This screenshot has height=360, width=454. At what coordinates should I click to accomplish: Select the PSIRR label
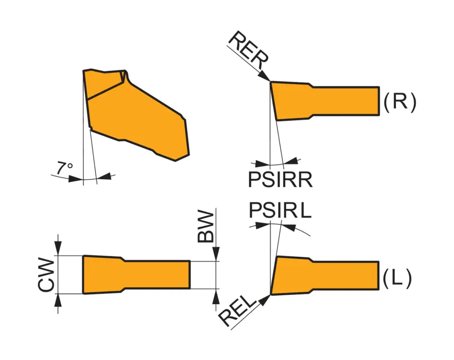(280, 180)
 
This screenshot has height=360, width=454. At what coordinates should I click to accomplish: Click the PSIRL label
(280, 211)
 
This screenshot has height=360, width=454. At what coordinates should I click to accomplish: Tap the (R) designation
(400, 102)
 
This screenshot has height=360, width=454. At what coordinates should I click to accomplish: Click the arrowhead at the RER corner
(266, 77)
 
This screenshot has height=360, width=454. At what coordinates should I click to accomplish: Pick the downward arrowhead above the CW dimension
(58, 249)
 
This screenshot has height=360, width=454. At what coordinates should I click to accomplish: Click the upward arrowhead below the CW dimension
(58, 300)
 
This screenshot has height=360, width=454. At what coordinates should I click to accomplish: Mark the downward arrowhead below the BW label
(217, 255)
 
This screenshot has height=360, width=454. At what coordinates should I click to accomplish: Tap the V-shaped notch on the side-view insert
(124, 76)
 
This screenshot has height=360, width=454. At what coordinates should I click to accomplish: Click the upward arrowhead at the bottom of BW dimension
(217, 295)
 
